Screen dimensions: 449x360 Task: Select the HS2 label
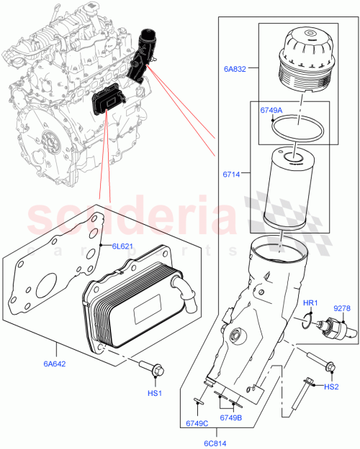(331, 387)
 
